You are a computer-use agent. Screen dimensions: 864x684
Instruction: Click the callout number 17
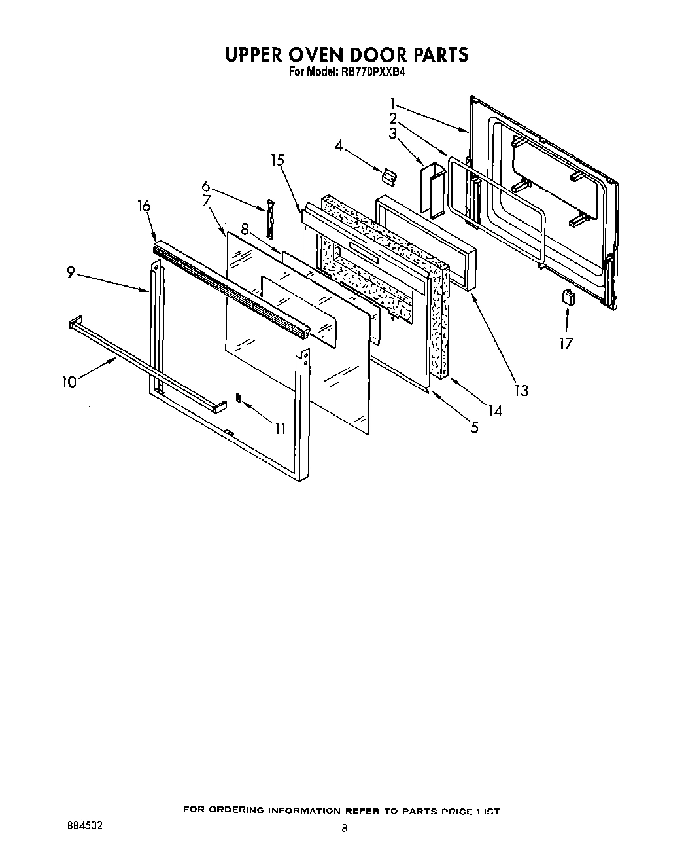pos(566,342)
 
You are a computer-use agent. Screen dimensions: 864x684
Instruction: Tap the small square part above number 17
pos(567,297)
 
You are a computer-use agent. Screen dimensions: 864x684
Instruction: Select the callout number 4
pos(338,145)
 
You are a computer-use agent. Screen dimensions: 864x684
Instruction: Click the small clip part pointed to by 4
pos(389,175)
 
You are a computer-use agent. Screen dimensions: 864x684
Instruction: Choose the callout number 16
pos(144,206)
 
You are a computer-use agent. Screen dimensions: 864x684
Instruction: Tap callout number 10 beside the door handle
pos(69,382)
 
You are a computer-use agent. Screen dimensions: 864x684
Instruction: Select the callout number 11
pos(280,429)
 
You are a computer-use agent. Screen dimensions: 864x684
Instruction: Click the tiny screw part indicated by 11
pos(239,397)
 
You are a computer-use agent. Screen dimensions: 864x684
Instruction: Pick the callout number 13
pos(521,390)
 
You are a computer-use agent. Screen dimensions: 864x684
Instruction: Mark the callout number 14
pos(495,411)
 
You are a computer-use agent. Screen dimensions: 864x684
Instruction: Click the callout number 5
pos(474,427)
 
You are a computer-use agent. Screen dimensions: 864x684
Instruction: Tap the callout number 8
pos(245,229)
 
